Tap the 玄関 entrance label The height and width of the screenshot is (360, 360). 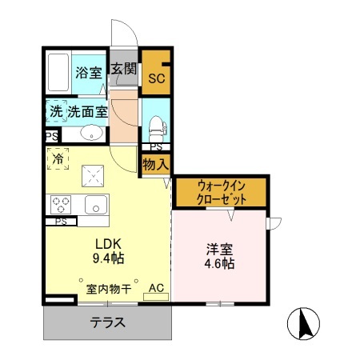tap(124, 68)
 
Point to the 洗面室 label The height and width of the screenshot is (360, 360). tap(88, 112)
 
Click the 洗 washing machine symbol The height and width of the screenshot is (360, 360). tap(55, 112)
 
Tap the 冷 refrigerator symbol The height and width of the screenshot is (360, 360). tap(58, 159)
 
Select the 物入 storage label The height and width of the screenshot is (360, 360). tap(156, 164)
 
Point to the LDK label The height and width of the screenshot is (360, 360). tap(108, 243)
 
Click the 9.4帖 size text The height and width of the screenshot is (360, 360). tap(108, 258)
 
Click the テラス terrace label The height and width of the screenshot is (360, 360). tap(107, 324)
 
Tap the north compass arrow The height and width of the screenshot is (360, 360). tap(303, 325)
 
